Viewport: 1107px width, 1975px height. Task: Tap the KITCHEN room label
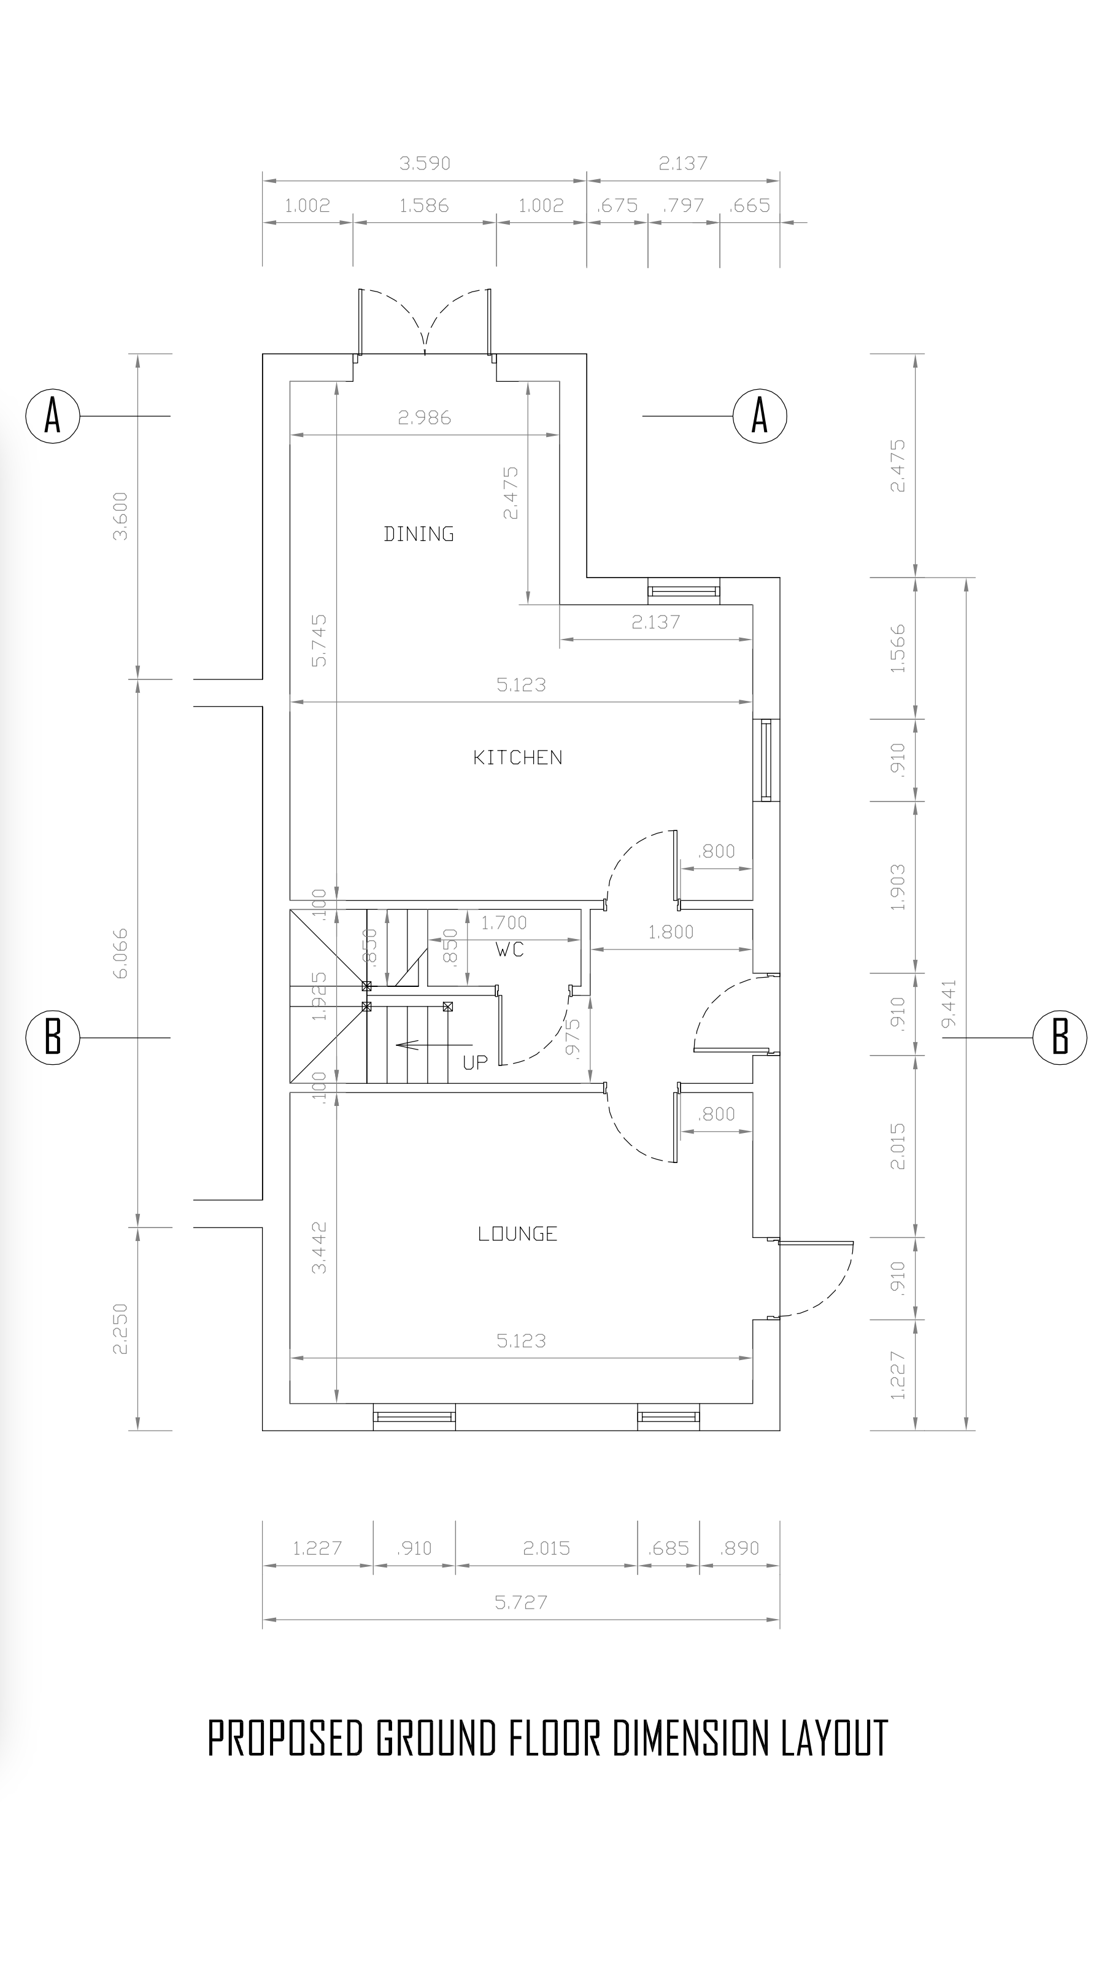(517, 757)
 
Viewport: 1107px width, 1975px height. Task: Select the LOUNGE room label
(517, 1234)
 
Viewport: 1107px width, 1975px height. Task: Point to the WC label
(510, 950)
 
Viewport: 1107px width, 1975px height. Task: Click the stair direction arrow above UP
(434, 1044)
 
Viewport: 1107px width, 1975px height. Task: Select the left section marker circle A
(52, 415)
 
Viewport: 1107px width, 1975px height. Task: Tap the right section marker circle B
(1060, 1038)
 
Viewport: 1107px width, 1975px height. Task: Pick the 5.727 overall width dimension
(522, 1602)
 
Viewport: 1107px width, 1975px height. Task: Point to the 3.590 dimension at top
(425, 163)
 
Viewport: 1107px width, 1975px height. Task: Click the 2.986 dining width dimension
(425, 418)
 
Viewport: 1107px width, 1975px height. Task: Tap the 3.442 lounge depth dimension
(320, 1246)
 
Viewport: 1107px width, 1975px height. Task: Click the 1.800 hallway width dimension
(671, 932)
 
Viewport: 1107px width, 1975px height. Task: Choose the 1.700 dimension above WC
(504, 922)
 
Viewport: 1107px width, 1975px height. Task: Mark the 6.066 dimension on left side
(121, 953)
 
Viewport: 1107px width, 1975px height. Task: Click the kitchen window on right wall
(766, 760)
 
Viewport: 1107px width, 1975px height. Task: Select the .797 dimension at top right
(682, 206)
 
